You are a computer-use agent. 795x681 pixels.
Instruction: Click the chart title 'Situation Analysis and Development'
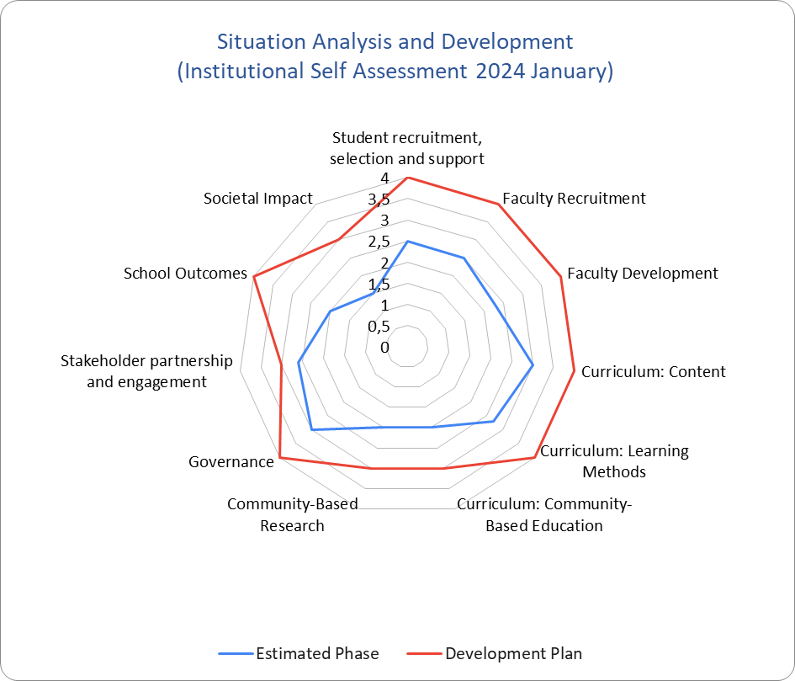click(x=395, y=41)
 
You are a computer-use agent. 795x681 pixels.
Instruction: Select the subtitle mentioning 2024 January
click(x=395, y=72)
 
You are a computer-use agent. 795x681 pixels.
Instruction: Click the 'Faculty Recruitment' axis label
click(x=574, y=199)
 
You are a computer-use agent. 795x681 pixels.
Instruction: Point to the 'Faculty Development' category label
click(x=643, y=274)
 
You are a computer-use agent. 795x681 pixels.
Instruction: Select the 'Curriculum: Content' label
click(x=653, y=371)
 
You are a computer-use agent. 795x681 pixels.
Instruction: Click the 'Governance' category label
click(x=231, y=461)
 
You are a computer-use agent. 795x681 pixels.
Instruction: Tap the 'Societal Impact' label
click(x=258, y=199)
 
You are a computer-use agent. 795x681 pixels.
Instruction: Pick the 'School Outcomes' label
click(x=185, y=274)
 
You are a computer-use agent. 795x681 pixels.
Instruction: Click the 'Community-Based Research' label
click(x=292, y=514)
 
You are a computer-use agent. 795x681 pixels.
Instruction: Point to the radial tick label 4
click(x=384, y=178)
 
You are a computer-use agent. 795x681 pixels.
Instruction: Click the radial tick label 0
click(x=384, y=347)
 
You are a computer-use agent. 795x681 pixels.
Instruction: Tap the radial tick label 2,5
click(x=381, y=242)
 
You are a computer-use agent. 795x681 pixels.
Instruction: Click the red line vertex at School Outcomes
click(x=253, y=276)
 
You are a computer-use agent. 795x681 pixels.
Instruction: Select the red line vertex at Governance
click(x=280, y=458)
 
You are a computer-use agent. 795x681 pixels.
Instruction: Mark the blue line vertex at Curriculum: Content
click(x=533, y=365)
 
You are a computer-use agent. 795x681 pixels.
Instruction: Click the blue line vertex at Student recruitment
click(x=407, y=242)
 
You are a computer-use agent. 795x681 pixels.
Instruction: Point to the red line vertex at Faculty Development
click(x=561, y=276)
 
